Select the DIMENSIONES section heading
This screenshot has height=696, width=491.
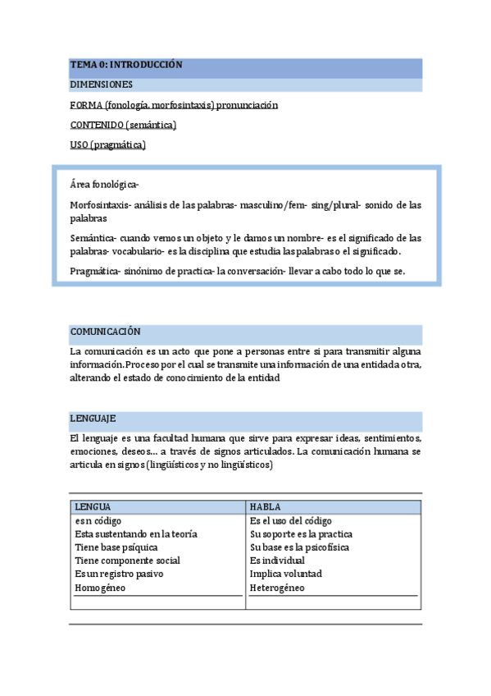click(x=102, y=85)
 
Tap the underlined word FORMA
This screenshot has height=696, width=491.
click(x=86, y=105)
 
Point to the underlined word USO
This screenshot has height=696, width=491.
click(x=80, y=145)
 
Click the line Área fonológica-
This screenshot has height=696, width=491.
click(x=104, y=185)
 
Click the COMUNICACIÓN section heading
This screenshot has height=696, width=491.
click(x=106, y=332)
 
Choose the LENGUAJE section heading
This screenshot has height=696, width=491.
click(x=93, y=419)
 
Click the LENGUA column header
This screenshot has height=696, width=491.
click(x=93, y=507)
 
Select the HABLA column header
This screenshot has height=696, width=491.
click(x=266, y=507)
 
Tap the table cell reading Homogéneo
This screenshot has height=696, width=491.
click(x=100, y=588)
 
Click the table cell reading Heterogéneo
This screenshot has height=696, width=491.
click(x=277, y=588)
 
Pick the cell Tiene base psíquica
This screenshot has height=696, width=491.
click(x=116, y=547)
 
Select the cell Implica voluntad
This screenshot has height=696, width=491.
click(x=286, y=574)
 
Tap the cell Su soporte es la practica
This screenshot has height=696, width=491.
click(x=301, y=534)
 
